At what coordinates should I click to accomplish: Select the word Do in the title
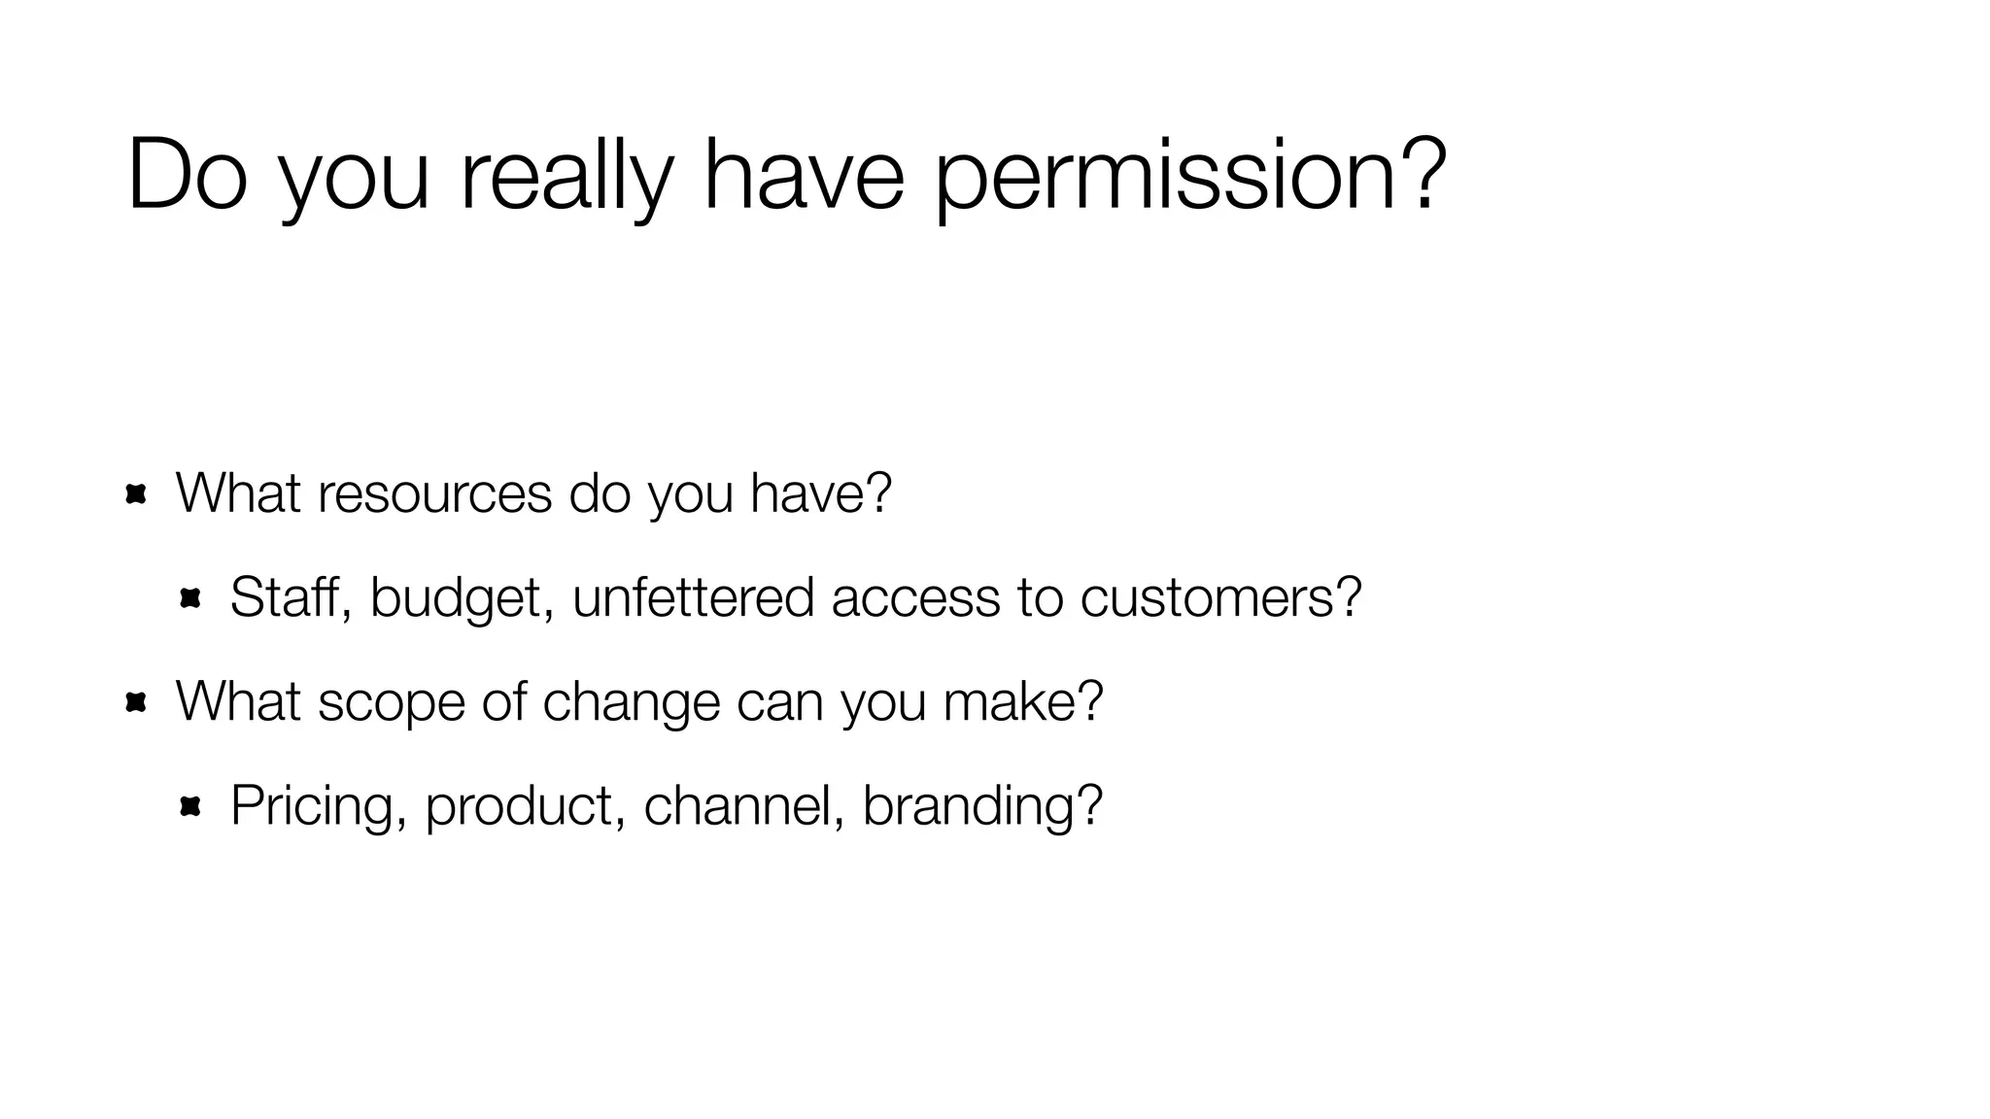(x=186, y=176)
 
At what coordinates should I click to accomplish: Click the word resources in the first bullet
(x=434, y=493)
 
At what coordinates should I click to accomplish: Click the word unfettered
(x=693, y=596)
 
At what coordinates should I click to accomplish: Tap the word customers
(x=1219, y=596)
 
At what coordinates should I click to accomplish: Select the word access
(x=915, y=596)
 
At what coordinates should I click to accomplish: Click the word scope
(x=392, y=701)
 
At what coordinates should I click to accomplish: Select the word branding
(x=981, y=805)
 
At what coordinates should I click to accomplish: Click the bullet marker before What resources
(x=136, y=494)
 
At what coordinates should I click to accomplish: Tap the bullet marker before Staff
(x=189, y=598)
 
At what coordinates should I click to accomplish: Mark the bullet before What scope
(x=136, y=702)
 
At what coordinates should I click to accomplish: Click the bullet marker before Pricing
(x=189, y=805)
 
